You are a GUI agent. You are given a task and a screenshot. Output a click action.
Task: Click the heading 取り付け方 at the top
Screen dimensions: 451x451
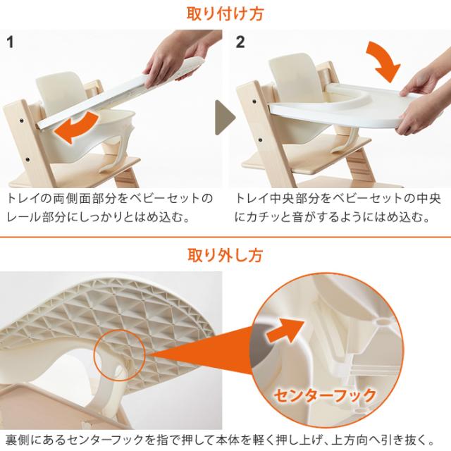(225, 13)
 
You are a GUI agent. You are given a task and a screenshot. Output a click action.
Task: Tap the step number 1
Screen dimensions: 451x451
(10, 42)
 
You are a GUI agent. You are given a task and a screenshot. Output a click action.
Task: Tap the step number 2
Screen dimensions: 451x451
(241, 42)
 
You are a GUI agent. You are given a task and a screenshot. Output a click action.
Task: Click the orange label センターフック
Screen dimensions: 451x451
(324, 395)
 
